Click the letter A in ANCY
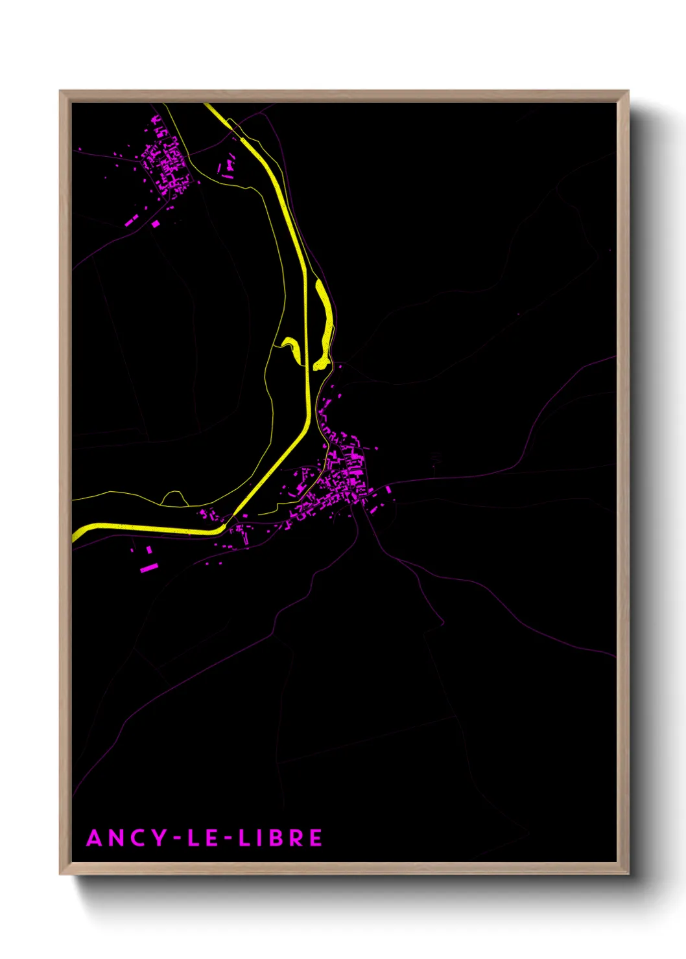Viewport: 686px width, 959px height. coord(95,838)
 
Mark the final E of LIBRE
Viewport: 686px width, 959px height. coord(315,838)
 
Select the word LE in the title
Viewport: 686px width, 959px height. coord(202,838)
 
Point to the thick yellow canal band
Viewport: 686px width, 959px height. coord(305,389)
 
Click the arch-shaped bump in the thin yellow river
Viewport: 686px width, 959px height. coord(173,498)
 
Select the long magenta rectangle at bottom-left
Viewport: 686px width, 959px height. coord(149,568)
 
